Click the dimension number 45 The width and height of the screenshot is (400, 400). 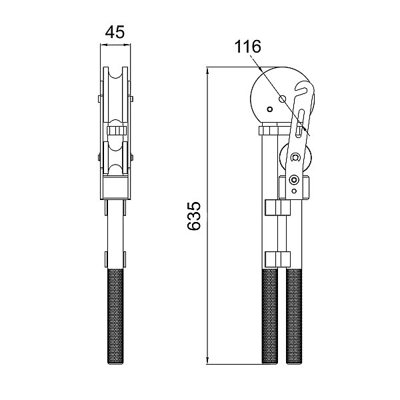click(x=115, y=32)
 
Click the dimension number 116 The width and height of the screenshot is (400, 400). click(x=248, y=47)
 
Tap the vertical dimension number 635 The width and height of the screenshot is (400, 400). click(x=194, y=216)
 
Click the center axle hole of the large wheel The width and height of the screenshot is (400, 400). click(x=282, y=99)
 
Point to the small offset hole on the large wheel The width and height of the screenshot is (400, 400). click(x=269, y=109)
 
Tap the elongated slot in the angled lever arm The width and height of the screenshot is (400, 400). click(x=300, y=123)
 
